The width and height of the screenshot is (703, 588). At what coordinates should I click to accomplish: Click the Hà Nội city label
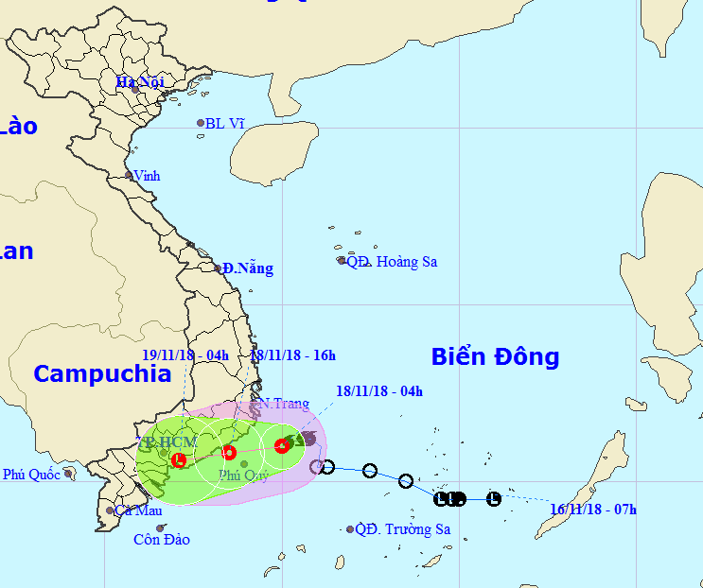coord(140,81)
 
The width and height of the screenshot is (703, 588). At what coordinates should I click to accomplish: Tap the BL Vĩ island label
coord(225,123)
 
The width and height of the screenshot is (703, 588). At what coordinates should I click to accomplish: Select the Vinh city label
coord(148,176)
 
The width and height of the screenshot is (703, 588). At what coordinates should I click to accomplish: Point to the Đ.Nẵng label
coord(248,268)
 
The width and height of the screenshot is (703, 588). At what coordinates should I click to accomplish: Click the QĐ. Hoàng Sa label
coord(392,262)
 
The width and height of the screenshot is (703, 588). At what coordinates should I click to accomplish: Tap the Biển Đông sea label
coord(495,356)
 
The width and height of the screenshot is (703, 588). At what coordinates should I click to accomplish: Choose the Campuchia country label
coord(102,373)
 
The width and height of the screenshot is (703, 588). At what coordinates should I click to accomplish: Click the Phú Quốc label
coord(31,475)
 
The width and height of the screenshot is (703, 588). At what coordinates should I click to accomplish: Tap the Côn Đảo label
coord(162,540)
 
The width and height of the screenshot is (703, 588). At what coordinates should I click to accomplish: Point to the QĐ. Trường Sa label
coord(403,529)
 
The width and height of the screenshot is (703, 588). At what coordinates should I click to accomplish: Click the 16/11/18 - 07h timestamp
coord(593,510)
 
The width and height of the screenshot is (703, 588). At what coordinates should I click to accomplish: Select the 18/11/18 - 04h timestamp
coord(379,390)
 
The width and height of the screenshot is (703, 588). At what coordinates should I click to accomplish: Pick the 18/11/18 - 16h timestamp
coord(293,355)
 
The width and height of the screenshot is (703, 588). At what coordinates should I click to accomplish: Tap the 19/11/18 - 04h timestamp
coord(185,355)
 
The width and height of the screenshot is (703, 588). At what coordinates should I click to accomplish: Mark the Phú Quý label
coord(243,476)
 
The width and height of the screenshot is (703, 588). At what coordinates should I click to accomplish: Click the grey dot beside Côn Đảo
coord(161,527)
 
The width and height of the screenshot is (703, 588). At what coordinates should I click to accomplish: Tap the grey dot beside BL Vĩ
coord(201,123)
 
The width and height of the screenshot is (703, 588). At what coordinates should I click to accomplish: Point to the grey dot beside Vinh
coord(130,175)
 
